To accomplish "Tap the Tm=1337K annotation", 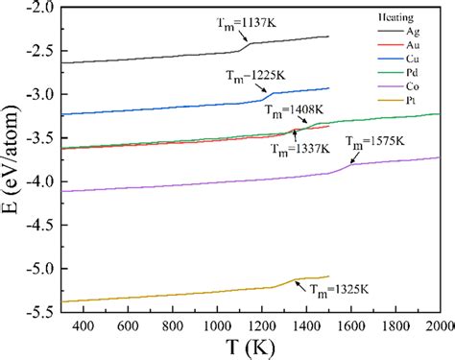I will click(x=300, y=150).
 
